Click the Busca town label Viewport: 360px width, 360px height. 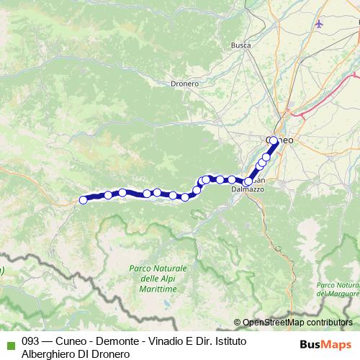240,45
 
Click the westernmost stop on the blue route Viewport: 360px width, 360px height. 83,200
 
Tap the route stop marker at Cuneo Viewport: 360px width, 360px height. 273,140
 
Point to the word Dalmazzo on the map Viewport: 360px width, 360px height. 248,189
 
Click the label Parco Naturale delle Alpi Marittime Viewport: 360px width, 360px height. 158,278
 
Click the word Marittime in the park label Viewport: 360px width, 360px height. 158,288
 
